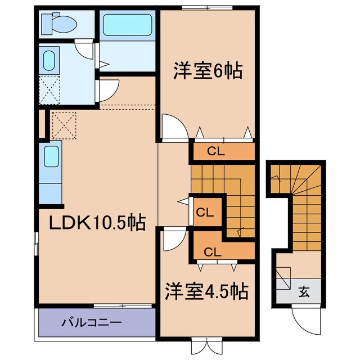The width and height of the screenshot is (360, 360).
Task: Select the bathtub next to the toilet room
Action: (x=127, y=25)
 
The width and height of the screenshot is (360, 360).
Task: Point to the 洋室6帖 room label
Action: (x=206, y=71)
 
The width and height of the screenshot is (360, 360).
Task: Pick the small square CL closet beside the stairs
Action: (x=205, y=212)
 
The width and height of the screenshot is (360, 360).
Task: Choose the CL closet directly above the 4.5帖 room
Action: (x=212, y=251)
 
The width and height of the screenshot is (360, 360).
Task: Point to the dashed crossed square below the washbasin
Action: (x=49, y=89)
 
